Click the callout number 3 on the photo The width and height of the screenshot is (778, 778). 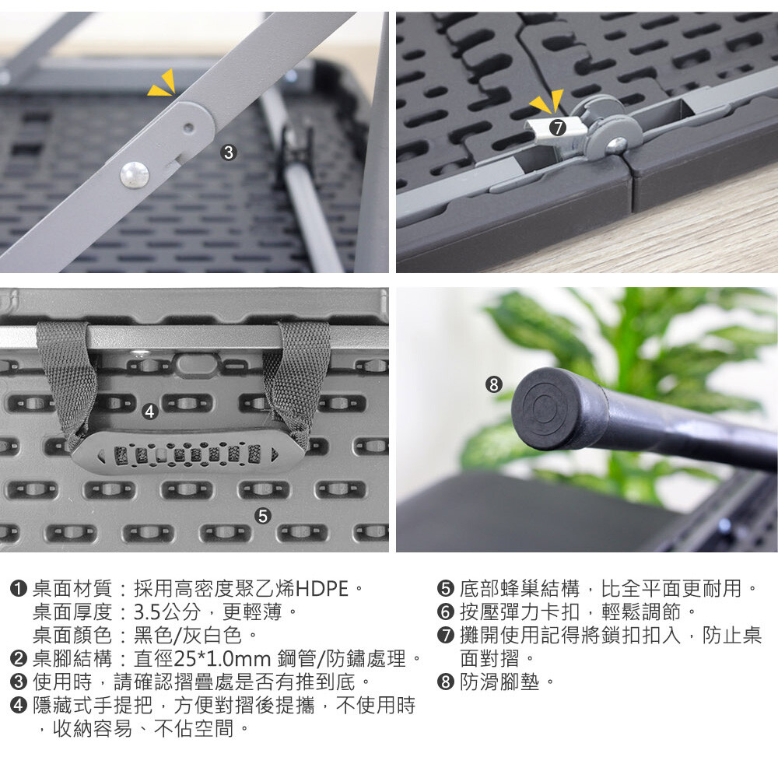pos(228,152)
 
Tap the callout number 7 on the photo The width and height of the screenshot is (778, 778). pos(558,128)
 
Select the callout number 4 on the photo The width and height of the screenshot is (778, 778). pos(150,412)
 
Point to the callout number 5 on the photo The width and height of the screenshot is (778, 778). pos(262,516)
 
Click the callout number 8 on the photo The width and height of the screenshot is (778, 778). pos(493,384)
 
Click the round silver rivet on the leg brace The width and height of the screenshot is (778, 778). pos(135,175)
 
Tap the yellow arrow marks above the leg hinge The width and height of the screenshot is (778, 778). pos(163,83)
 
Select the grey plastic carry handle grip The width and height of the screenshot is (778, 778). pos(187,453)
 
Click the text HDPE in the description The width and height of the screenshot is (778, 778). pos(322,589)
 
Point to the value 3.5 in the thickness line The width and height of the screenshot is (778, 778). pos(147,612)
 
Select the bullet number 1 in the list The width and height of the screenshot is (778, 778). pos(19,589)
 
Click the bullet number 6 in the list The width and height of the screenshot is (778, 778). pos(446,612)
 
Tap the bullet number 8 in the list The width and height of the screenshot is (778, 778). pos(446,682)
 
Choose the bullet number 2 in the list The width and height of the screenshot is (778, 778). pos(19,659)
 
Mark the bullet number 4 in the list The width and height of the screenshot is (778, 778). pos(19,706)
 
